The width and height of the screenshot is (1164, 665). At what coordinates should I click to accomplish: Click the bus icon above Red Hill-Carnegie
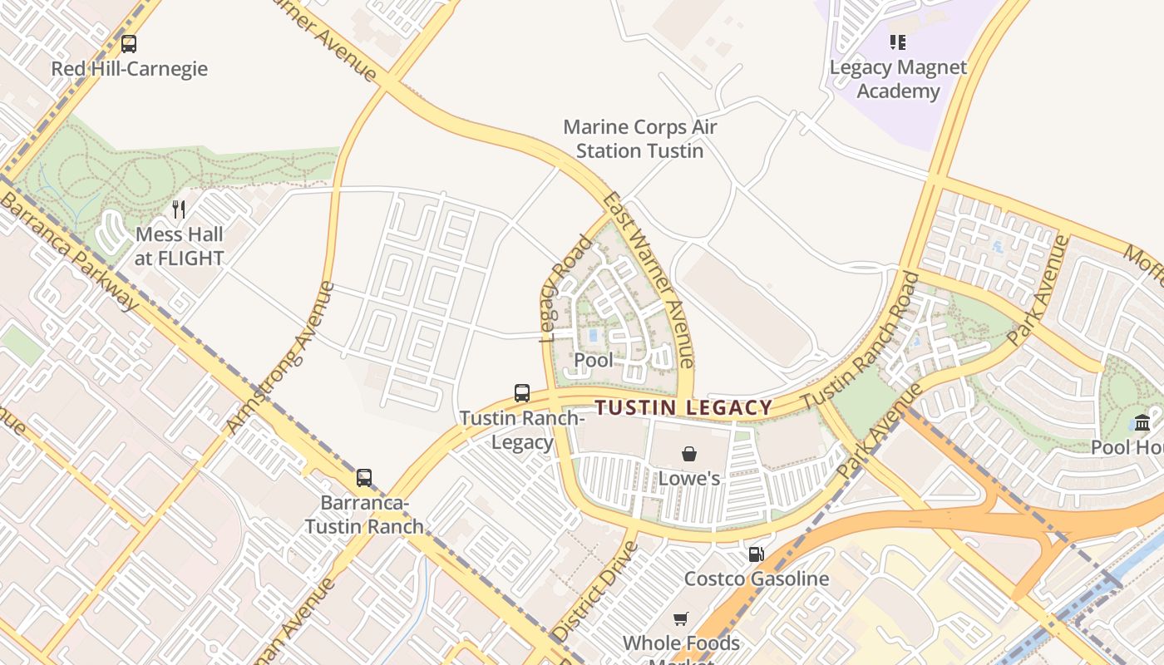pos(129,44)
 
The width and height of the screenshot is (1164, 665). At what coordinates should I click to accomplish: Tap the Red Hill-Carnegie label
pos(129,69)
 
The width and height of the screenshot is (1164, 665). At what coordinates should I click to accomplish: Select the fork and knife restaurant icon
pos(179,209)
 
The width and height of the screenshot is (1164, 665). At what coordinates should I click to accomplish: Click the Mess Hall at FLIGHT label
pos(180,247)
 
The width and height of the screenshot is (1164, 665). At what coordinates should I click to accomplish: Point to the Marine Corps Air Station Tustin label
pos(639,140)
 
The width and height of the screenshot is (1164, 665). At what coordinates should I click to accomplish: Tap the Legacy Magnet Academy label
pos(898,80)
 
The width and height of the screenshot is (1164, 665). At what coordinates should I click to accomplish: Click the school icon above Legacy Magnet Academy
pos(897,42)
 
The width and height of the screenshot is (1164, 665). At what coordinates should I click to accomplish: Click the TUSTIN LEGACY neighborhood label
pos(684,408)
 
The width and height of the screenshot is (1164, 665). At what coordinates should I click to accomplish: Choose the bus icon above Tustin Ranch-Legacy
pos(522,393)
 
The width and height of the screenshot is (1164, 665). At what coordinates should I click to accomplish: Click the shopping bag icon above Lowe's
pos(689,454)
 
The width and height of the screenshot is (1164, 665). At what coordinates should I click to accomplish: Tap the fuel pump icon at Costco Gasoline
pos(756,554)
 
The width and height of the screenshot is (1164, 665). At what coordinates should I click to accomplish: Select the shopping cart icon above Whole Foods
pos(681,618)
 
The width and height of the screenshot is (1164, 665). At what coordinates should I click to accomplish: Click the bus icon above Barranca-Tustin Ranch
pos(364,478)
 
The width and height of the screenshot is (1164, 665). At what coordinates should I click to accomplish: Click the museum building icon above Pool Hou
pos(1142,422)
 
